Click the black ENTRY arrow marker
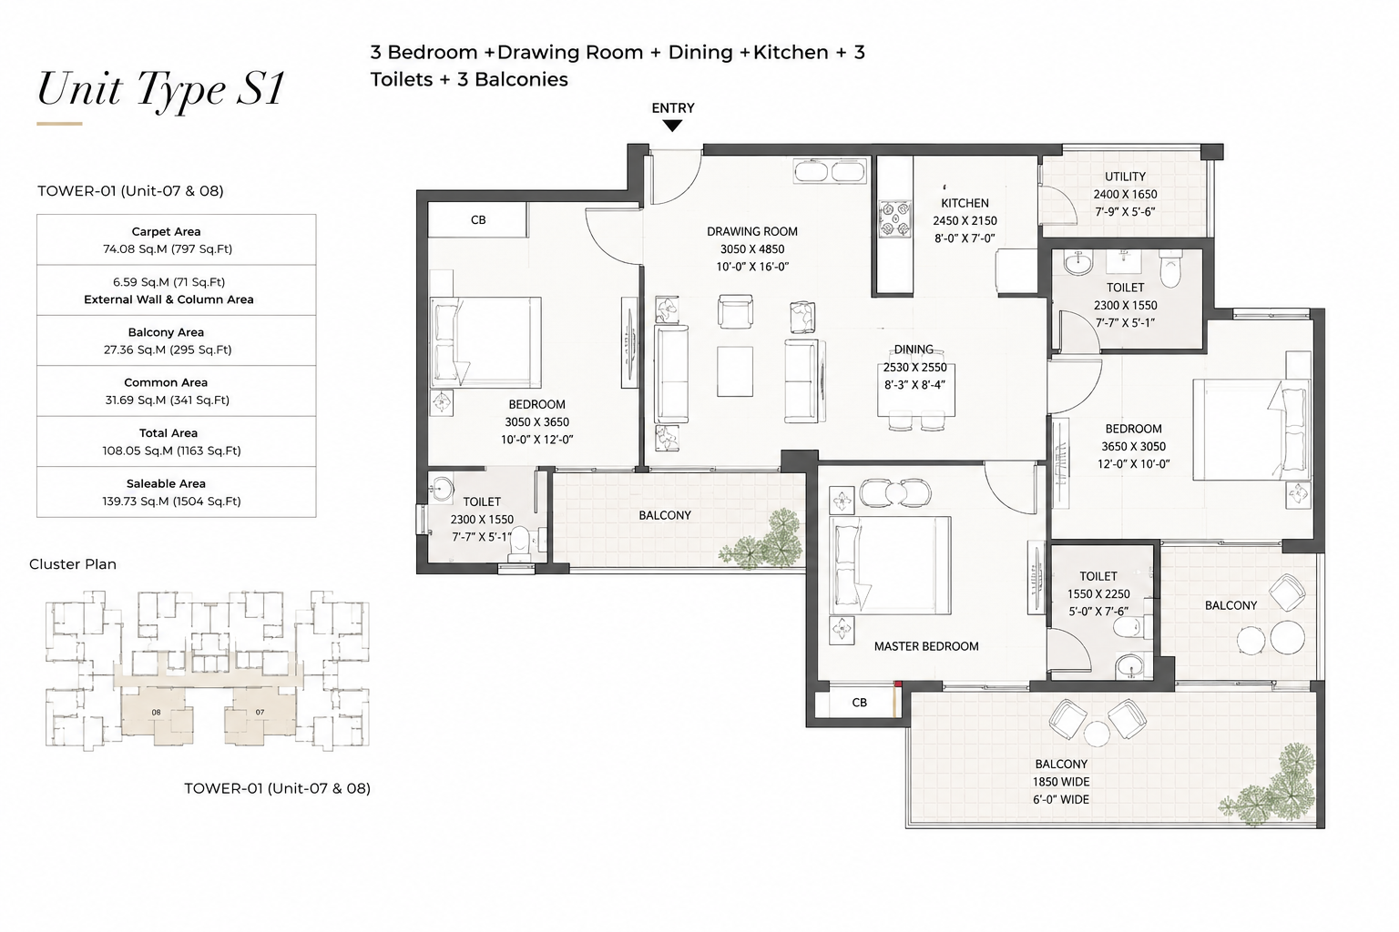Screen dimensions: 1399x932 [672, 126]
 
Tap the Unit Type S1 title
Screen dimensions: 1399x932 [162, 89]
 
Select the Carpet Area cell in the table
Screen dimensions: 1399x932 [176, 239]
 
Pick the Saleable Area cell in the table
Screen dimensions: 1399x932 [176, 491]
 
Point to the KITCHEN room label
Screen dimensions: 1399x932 [965, 203]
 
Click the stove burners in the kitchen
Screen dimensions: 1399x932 [895, 218]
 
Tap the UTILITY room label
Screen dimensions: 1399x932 [1126, 177]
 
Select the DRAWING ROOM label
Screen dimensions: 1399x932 [752, 231]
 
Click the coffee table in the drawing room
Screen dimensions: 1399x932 [734, 371]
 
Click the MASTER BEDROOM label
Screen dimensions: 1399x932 [926, 647]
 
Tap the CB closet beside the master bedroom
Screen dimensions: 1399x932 [860, 703]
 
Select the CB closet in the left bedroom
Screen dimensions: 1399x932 [478, 219]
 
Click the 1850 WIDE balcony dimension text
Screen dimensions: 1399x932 [1061, 782]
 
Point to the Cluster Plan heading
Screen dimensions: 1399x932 [73, 564]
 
